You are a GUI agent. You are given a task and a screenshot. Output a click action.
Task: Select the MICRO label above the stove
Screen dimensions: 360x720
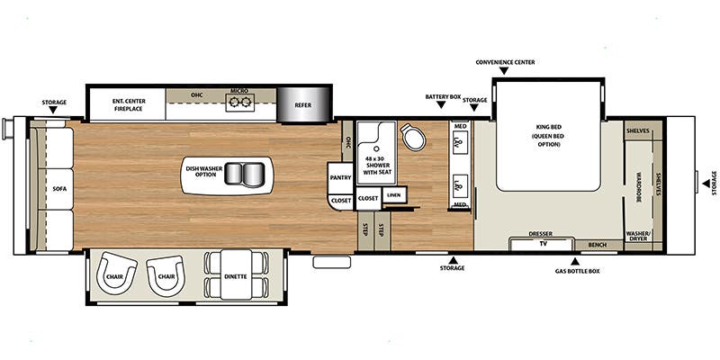238,91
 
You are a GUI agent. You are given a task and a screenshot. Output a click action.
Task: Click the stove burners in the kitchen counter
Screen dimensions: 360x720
238,103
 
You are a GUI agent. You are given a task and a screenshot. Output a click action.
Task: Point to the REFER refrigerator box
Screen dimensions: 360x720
304,105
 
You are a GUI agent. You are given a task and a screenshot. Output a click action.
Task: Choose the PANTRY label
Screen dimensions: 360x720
340,177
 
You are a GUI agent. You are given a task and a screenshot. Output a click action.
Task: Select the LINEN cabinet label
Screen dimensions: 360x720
392,194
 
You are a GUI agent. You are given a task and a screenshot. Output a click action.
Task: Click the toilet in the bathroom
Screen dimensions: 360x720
414,139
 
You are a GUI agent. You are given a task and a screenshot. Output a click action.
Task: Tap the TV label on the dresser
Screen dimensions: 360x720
542,243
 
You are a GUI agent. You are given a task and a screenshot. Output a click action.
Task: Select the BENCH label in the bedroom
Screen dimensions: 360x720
596,244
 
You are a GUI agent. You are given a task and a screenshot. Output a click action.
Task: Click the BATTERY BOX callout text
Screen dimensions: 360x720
442,95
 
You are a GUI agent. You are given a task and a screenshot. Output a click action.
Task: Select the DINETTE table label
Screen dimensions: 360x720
236,277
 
